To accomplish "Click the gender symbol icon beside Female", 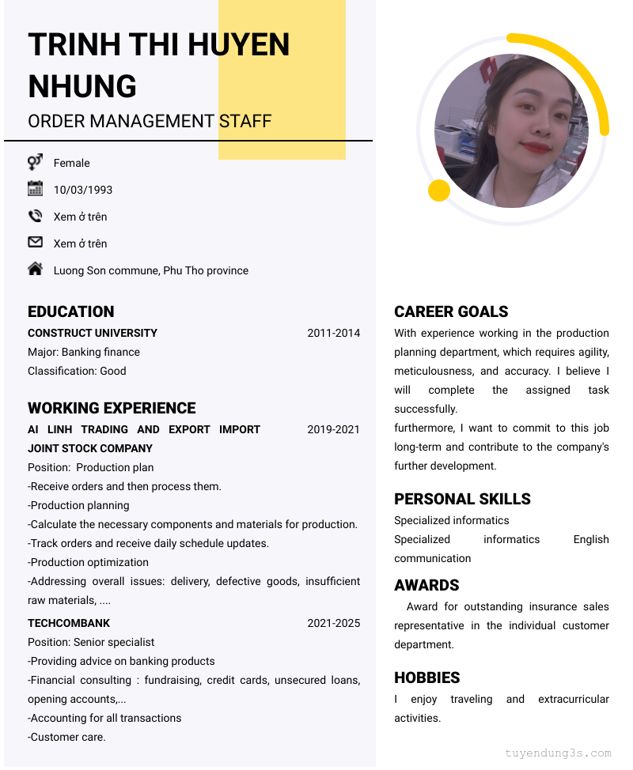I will (x=35, y=162).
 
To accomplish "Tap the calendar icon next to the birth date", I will (x=35, y=188).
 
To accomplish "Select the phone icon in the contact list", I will (x=35, y=216).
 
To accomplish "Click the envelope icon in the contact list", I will (x=35, y=242).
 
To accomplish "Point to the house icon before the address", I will (x=35, y=269).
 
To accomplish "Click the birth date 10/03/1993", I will (x=83, y=190).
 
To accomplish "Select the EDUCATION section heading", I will (x=71, y=311).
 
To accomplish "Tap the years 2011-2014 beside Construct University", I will (x=333, y=333).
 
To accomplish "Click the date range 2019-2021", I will (x=333, y=429).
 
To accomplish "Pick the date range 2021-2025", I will (x=333, y=623).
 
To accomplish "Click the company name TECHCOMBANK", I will (x=69, y=623).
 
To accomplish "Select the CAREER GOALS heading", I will (x=451, y=311).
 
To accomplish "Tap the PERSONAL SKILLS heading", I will (x=462, y=499).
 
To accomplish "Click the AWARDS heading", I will (x=426, y=585).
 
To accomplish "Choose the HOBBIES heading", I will (x=427, y=678).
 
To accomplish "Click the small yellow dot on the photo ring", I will (x=438, y=191).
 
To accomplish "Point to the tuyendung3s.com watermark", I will (x=558, y=753).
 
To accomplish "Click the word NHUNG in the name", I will (x=82, y=86).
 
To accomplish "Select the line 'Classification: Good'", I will (x=77, y=371).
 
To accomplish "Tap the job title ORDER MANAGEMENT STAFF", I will (x=150, y=121).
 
